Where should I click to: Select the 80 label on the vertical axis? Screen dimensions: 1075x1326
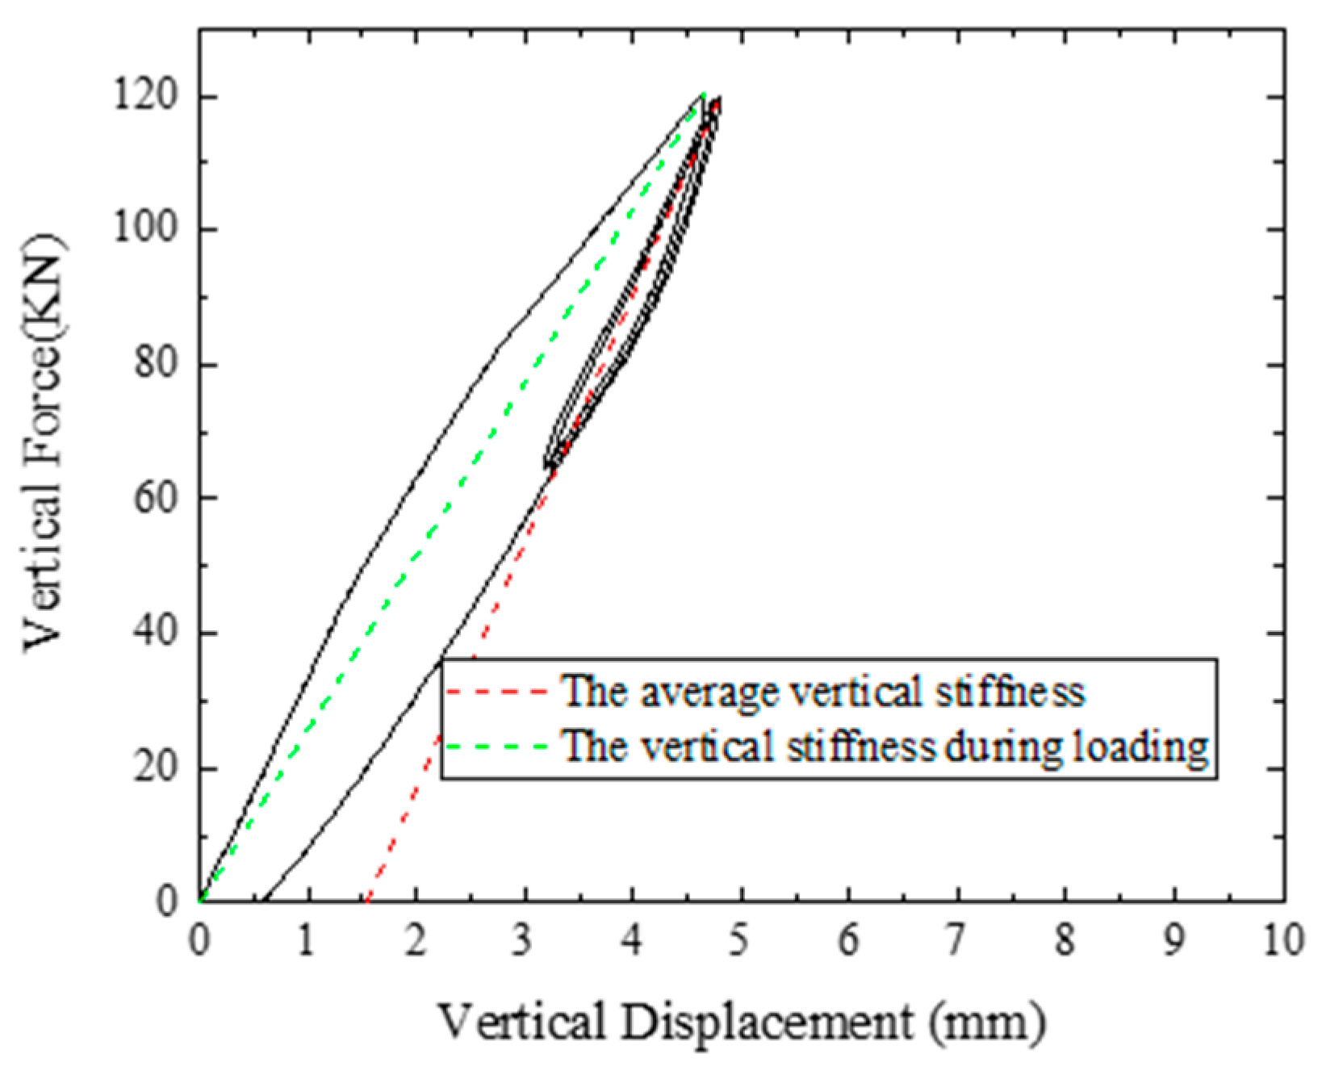[x=155, y=363]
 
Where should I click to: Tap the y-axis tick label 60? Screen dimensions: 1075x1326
[x=155, y=497]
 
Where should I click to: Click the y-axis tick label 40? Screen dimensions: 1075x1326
[x=155, y=632]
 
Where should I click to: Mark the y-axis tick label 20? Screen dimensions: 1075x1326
[x=155, y=767]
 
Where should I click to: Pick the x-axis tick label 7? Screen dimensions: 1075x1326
[x=956, y=941]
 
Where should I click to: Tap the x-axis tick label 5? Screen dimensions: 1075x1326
[x=739, y=941]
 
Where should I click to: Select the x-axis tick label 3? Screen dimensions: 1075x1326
[x=524, y=941]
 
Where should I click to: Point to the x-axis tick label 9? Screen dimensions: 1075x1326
[x=1173, y=941]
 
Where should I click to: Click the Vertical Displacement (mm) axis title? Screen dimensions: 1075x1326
[x=741, y=1022]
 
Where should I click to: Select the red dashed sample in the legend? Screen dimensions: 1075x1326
[x=496, y=692]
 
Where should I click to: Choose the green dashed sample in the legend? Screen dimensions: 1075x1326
[x=496, y=747]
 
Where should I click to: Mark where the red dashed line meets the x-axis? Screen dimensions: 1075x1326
[x=366, y=900]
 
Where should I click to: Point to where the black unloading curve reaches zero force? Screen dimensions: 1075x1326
[x=262, y=900]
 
